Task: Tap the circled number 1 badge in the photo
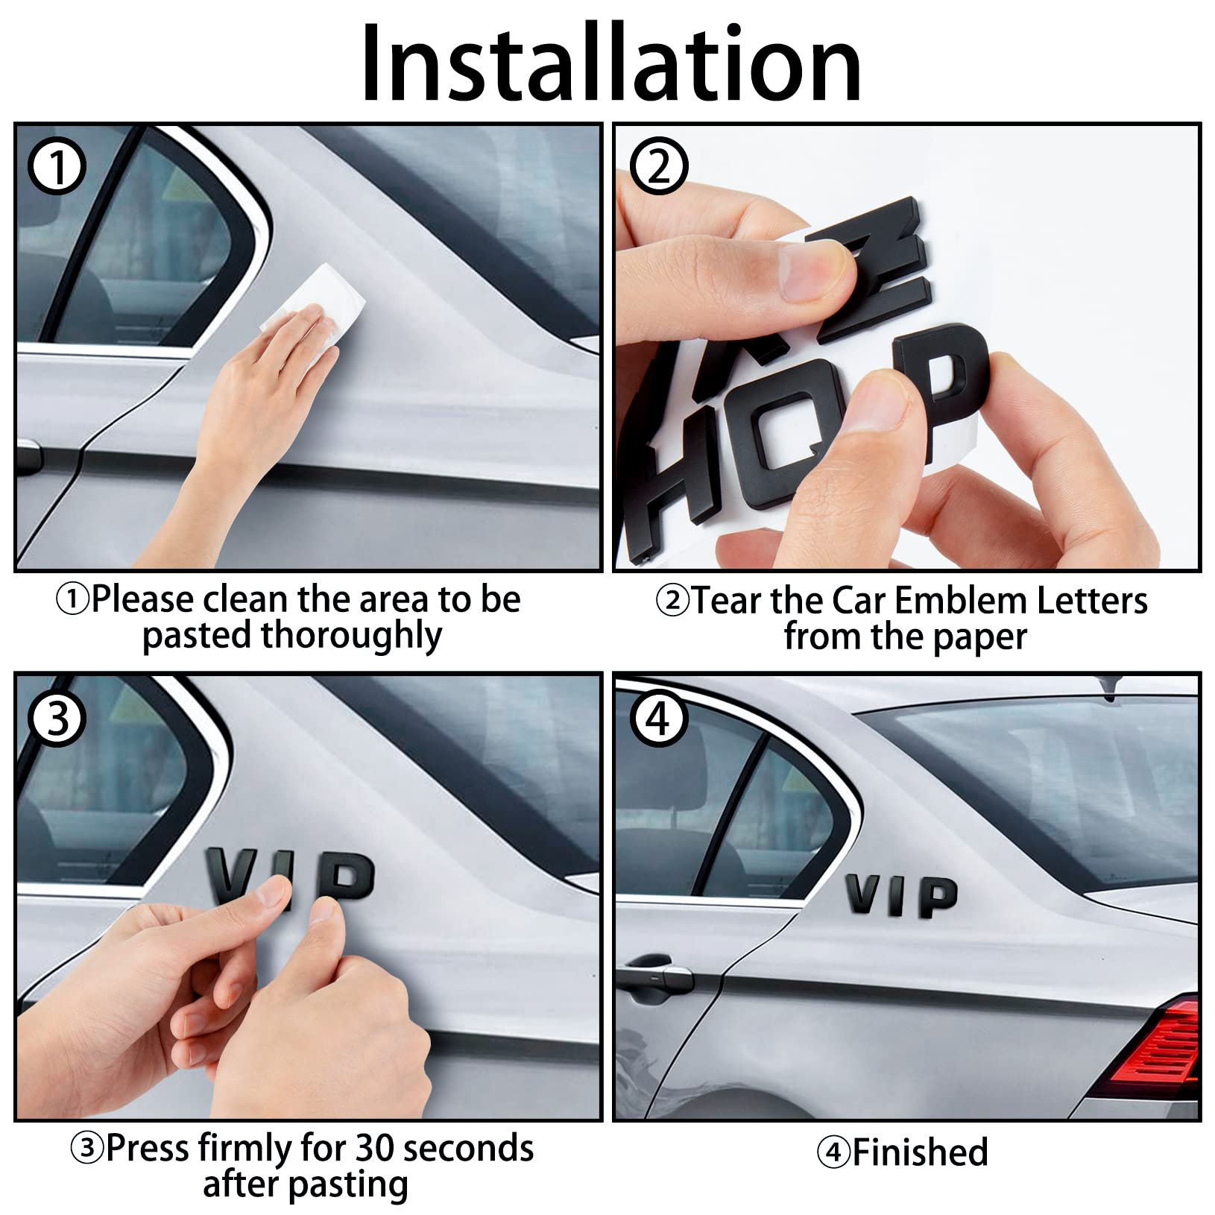pyautogui.click(x=57, y=168)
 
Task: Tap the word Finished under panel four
pyautogui.click(x=920, y=1152)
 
